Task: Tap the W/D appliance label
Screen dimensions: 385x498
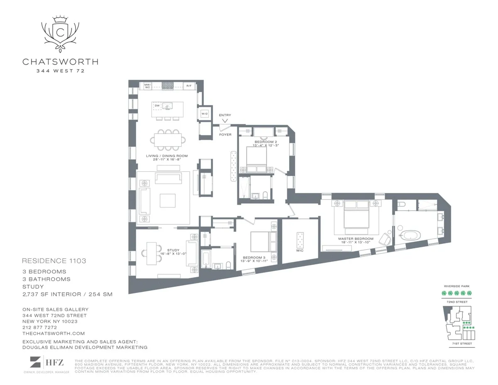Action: pos(204,113)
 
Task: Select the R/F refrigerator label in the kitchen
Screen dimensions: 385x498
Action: pos(189,86)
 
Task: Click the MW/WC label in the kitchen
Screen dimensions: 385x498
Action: pos(147,86)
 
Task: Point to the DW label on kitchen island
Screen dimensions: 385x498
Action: pos(157,106)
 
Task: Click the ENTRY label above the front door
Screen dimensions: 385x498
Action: pos(225,115)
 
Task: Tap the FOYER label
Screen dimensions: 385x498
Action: pos(225,134)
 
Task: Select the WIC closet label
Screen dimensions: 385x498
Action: pos(300,251)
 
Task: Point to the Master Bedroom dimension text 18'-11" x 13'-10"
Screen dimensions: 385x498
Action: pos(356,242)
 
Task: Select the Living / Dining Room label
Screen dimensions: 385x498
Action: pos(167,156)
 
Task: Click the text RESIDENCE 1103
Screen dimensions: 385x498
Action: pos(54,261)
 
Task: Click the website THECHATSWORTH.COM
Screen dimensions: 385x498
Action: pos(54,333)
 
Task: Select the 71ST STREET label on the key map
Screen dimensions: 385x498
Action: pos(458,344)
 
